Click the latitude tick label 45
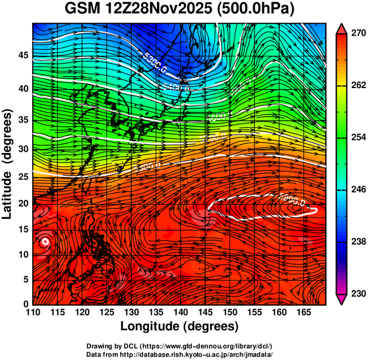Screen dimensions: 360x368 point(22,56)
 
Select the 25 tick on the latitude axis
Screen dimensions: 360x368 point(22,176)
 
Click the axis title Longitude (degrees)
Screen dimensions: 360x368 point(180,326)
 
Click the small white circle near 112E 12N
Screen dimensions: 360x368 point(45,242)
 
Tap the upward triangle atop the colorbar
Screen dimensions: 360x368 point(342,28)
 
